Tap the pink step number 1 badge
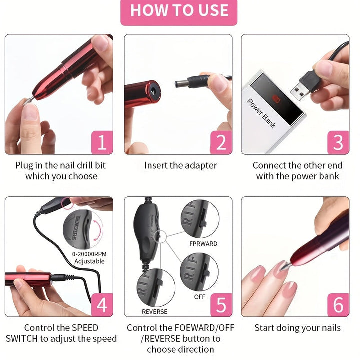(x=102, y=143)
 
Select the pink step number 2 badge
(x=221, y=143)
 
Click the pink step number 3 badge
(x=338, y=143)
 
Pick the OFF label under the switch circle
(x=200, y=297)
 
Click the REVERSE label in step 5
(x=154, y=311)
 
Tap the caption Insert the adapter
(x=180, y=165)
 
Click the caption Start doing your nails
(x=297, y=328)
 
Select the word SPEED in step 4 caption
(x=85, y=328)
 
